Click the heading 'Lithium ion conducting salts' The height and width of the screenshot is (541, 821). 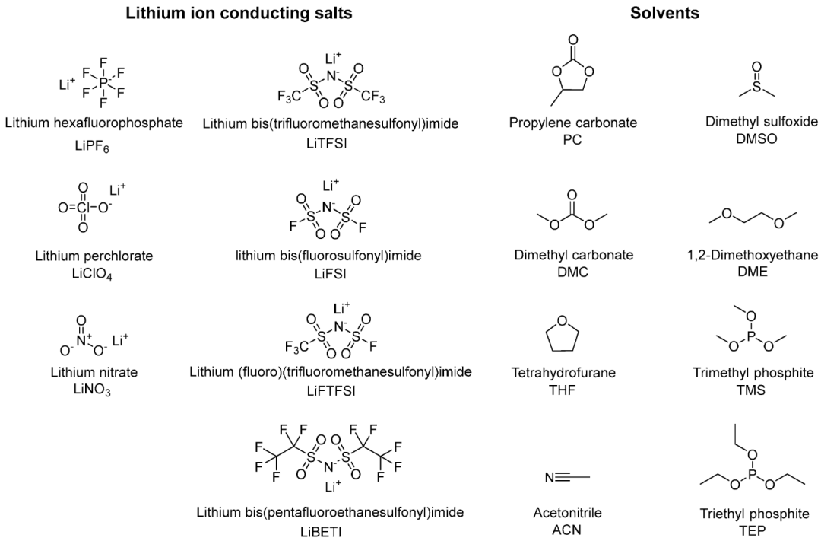coord(239,13)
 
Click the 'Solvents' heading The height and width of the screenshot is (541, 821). coord(664,13)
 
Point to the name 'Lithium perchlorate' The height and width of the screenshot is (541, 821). coord(94,256)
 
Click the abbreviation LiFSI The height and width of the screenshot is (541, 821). coord(331,274)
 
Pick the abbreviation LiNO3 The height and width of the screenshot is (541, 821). coord(92,390)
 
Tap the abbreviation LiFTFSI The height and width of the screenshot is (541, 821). coord(331,391)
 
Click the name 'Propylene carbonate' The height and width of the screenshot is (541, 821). coord(573,123)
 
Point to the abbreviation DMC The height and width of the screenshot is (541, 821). coord(573,272)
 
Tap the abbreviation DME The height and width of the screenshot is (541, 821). coord(752,272)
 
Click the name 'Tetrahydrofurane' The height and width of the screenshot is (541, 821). coord(563,374)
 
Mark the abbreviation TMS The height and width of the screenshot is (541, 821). coord(751,390)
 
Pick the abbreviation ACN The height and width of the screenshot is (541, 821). coord(566,530)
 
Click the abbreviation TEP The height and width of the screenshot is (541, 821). coord(752,530)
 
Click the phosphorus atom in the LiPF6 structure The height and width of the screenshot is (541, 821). coord(103,82)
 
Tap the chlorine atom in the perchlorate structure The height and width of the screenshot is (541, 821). coord(83,208)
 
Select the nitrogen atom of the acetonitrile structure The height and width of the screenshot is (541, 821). coord(550,478)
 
